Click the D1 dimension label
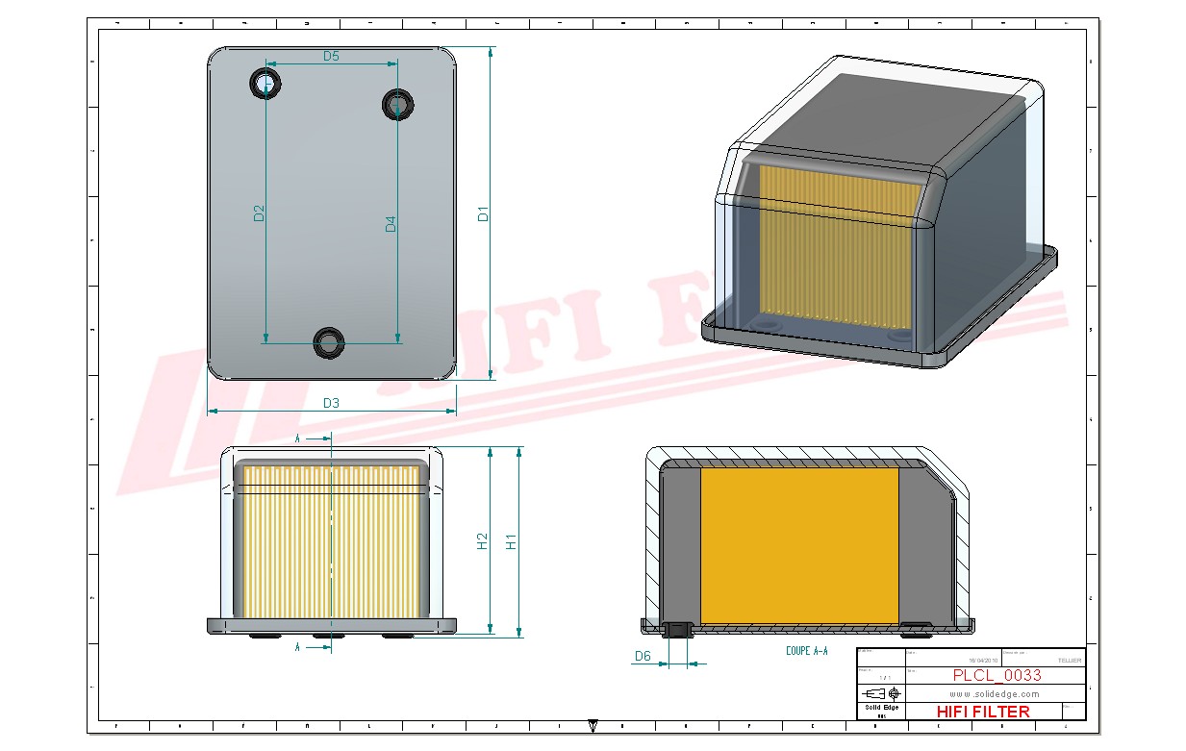coord(484,213)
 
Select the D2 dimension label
coord(259,213)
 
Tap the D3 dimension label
coord(331,403)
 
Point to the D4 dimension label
coord(391,224)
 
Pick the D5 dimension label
coord(331,56)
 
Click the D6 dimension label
coord(643,657)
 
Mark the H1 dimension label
coord(512,541)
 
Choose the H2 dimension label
coord(483,541)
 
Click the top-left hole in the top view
coord(265,84)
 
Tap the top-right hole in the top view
coord(397,103)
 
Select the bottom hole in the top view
coord(330,341)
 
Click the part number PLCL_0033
coord(997,675)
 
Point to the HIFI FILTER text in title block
coord(982,712)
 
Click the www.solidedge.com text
coord(995,693)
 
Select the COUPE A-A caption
coord(806,651)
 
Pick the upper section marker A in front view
coord(298,438)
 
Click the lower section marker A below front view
coord(298,647)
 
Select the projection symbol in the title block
coord(881,693)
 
